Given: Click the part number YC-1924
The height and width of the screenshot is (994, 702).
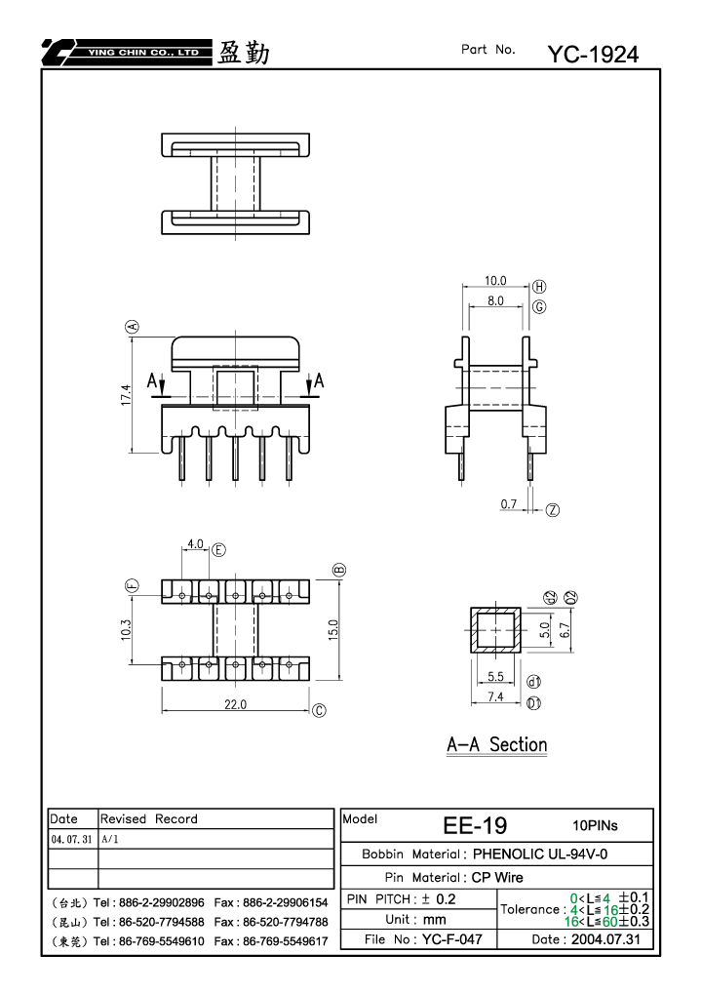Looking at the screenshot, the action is coord(593,55).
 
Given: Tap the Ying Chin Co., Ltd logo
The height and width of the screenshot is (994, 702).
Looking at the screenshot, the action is coord(127,52).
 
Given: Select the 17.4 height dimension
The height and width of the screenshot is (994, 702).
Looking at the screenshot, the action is coord(126,395).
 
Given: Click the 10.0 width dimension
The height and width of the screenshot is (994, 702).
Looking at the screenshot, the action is coord(495,280).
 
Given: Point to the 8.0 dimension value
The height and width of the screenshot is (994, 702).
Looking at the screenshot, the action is coord(495,300).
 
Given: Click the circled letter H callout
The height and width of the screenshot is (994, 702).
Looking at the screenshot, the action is coord(539,287).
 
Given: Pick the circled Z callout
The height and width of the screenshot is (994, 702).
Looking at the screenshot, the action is coord(553,509).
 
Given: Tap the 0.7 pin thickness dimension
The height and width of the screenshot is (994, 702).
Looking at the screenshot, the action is coord(509,504).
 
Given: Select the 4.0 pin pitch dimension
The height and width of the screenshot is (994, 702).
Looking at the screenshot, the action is coord(195,544).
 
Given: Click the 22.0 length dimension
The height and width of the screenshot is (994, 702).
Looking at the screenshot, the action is coord(235,704).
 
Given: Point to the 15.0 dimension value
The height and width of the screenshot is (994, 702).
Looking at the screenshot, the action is coord(333,630).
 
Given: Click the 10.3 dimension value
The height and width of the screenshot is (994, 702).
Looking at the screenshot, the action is coord(126,629).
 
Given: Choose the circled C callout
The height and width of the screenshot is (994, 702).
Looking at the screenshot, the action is coord(320,711).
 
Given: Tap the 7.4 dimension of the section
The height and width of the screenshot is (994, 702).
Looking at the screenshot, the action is coord(495,696).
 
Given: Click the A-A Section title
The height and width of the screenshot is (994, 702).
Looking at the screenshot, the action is coord(496,744).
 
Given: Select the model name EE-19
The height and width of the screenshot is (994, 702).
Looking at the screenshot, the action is coord(475,825).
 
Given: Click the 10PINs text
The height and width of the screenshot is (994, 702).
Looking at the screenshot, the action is coord(595,825).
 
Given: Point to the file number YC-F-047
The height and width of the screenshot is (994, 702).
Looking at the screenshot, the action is coord(451,938).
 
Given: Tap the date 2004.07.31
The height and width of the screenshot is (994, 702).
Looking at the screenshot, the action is coord(605,938).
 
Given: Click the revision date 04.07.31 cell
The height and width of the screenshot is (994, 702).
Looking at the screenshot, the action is coord(71,839).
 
